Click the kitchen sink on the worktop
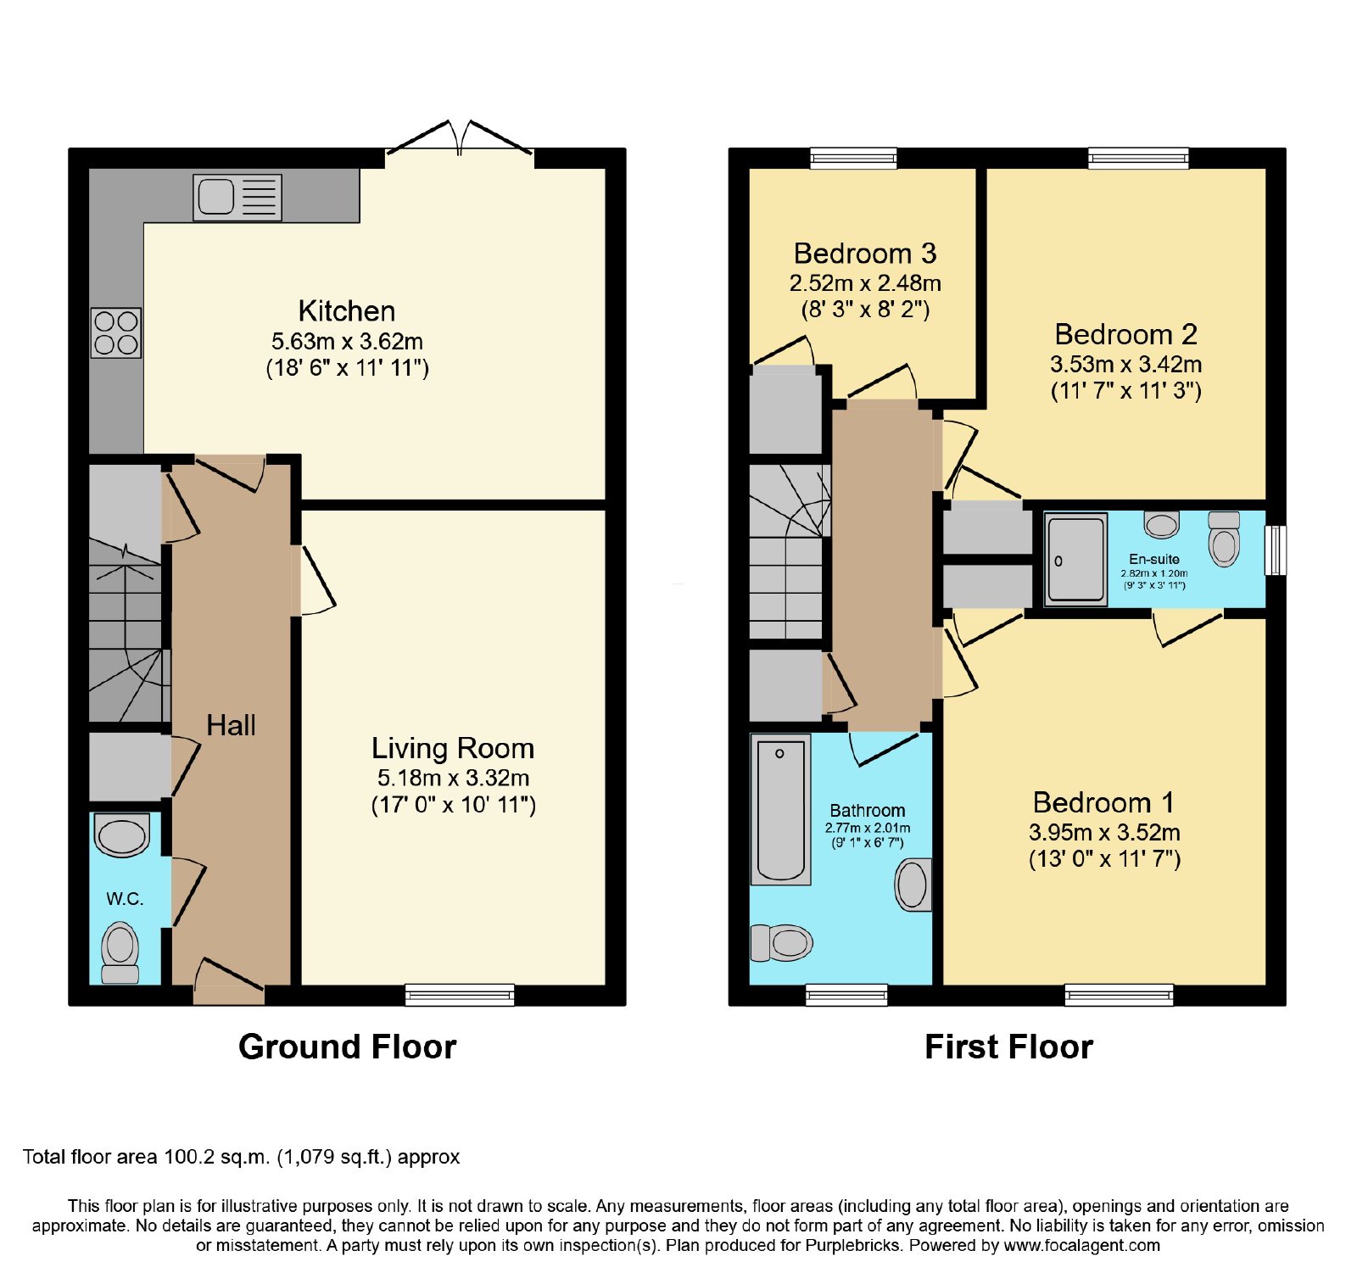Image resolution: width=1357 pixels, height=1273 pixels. point(237,198)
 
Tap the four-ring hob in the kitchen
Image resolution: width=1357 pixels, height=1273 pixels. point(116,332)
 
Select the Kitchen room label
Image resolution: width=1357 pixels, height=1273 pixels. point(347,311)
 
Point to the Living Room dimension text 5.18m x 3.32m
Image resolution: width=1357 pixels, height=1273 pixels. point(454,778)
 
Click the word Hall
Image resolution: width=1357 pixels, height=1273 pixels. point(231,725)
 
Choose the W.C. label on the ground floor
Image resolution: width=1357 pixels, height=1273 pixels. point(125,899)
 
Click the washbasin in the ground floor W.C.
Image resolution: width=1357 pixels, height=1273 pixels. point(122,835)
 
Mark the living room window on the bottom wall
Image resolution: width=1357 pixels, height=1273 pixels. point(460,994)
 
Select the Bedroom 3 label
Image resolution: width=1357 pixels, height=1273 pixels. point(865,254)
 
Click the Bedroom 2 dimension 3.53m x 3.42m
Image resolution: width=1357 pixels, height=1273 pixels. point(1126,365)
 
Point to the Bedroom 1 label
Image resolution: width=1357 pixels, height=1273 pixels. point(1104,802)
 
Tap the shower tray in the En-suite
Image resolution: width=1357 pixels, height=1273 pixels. point(1075,559)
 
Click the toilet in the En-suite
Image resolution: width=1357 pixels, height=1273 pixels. point(1224,539)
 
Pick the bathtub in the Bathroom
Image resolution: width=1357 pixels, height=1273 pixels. point(781,810)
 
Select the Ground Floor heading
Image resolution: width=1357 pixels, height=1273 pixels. point(348,1047)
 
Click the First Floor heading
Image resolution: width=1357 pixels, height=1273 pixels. point(1008,1047)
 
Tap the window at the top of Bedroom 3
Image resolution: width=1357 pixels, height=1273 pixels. point(853,159)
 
